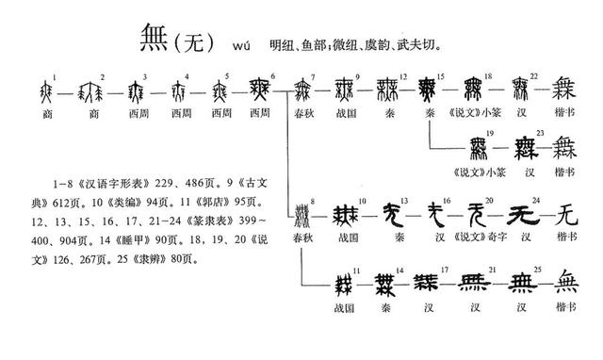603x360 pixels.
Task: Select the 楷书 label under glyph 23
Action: point(565,172)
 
